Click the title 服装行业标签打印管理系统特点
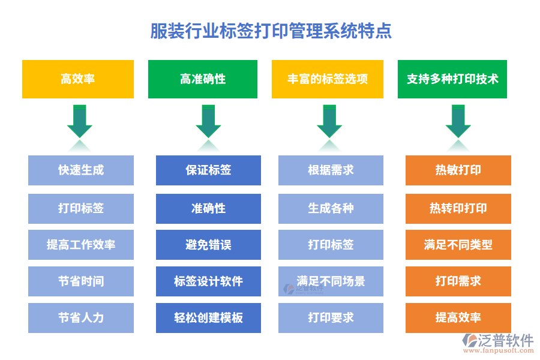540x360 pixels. (x=271, y=31)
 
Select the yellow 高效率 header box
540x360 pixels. (x=78, y=79)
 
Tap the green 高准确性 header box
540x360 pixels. (x=203, y=79)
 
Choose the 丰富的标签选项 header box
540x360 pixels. (x=328, y=79)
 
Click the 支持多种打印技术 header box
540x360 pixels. (x=452, y=79)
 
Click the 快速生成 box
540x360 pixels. (x=81, y=170)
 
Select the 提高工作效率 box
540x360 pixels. (x=81, y=245)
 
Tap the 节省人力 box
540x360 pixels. (x=81, y=318)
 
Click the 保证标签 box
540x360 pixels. (x=208, y=170)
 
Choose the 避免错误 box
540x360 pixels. (x=208, y=245)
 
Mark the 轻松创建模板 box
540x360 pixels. (x=208, y=318)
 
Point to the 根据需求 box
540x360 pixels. (x=331, y=170)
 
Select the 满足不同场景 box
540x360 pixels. (x=331, y=281)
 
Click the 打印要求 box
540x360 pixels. (x=331, y=318)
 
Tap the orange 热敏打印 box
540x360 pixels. (x=458, y=170)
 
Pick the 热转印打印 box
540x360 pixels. (x=458, y=208)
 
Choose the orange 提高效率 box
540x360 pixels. (x=458, y=318)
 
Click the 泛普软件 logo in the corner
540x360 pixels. (x=497, y=343)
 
